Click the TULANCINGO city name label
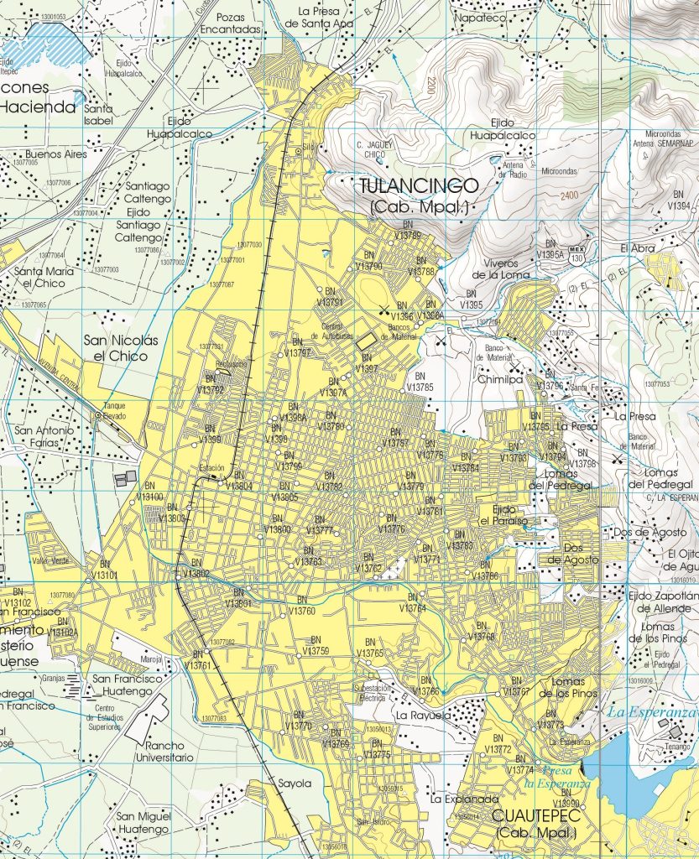coord(418,185)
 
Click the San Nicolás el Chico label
coord(121,348)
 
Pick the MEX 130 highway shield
coord(576,254)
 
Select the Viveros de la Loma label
coord(501,268)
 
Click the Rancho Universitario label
coord(164,751)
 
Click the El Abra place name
coord(637,248)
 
